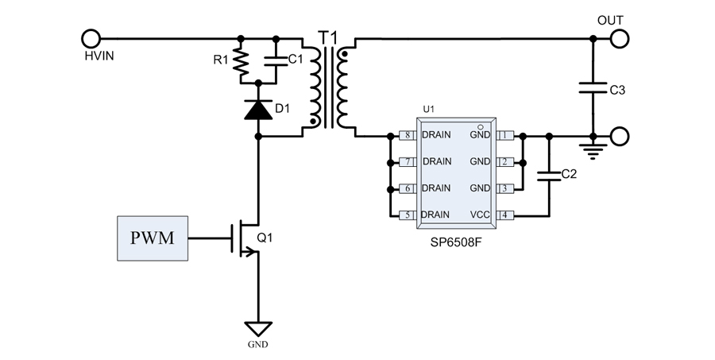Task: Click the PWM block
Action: point(153,238)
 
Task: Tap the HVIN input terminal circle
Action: point(91,37)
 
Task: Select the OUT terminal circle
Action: point(619,37)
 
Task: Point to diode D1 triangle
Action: point(258,110)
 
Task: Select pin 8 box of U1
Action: point(408,136)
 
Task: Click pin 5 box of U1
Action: point(408,215)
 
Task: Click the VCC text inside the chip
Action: point(480,215)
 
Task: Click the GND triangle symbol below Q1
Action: point(258,327)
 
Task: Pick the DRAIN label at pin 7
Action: point(437,162)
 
